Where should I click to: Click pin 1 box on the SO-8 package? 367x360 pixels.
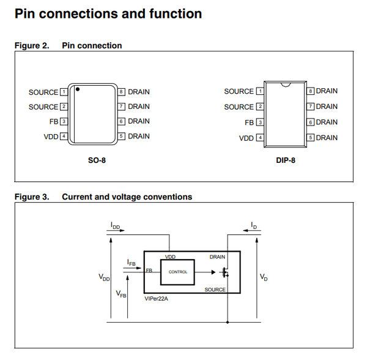click(63, 92)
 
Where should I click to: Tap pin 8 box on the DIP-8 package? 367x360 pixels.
click(311, 91)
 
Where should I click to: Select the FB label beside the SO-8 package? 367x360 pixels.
click(53, 121)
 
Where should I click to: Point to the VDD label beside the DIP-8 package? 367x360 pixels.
click(246, 138)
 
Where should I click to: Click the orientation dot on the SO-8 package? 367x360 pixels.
click(78, 90)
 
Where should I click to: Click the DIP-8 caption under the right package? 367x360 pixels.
click(286, 160)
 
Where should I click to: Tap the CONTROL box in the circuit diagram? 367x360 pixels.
click(178, 272)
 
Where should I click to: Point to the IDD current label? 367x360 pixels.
click(116, 226)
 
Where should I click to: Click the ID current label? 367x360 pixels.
click(253, 226)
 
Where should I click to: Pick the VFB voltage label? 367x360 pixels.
click(121, 294)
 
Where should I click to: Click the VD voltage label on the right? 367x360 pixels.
click(263, 277)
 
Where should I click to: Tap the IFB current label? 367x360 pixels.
click(132, 263)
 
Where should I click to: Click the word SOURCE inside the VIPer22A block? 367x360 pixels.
click(215, 289)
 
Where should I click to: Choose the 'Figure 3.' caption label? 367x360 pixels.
click(31, 197)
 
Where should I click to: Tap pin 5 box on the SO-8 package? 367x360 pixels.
click(121, 136)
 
